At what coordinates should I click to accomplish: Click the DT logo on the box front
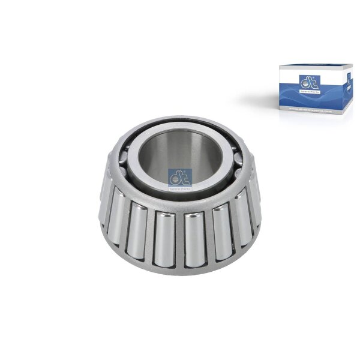310,81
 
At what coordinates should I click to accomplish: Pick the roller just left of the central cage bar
164,239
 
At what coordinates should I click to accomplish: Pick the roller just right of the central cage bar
194,239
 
